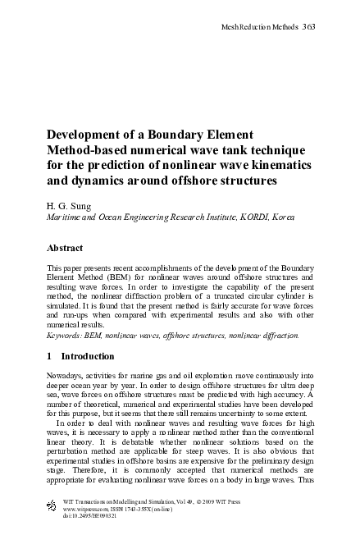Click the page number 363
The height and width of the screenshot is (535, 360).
coord(309,27)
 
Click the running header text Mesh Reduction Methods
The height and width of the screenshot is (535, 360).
coord(260,27)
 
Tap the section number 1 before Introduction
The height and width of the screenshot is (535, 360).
coord(50,356)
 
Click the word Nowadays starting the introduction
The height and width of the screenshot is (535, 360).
coord(69,374)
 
